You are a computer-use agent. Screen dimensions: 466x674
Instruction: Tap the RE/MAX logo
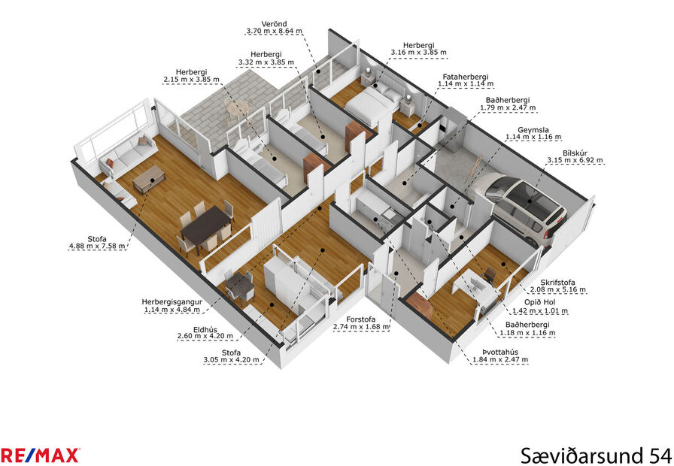tap(40, 455)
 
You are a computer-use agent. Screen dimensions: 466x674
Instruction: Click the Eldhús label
tap(205, 328)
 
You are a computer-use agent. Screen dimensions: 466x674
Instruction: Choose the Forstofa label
tap(361, 318)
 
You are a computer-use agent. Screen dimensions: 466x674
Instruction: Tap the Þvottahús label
tap(499, 350)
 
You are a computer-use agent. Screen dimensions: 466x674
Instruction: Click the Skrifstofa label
tap(557, 283)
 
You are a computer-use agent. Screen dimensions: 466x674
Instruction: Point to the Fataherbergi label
tap(466, 76)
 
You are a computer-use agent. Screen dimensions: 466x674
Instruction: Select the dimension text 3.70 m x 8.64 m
tap(274, 32)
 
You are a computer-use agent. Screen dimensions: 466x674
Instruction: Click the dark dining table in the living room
tap(205, 225)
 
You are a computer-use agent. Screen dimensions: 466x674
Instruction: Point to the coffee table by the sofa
tap(148, 177)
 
